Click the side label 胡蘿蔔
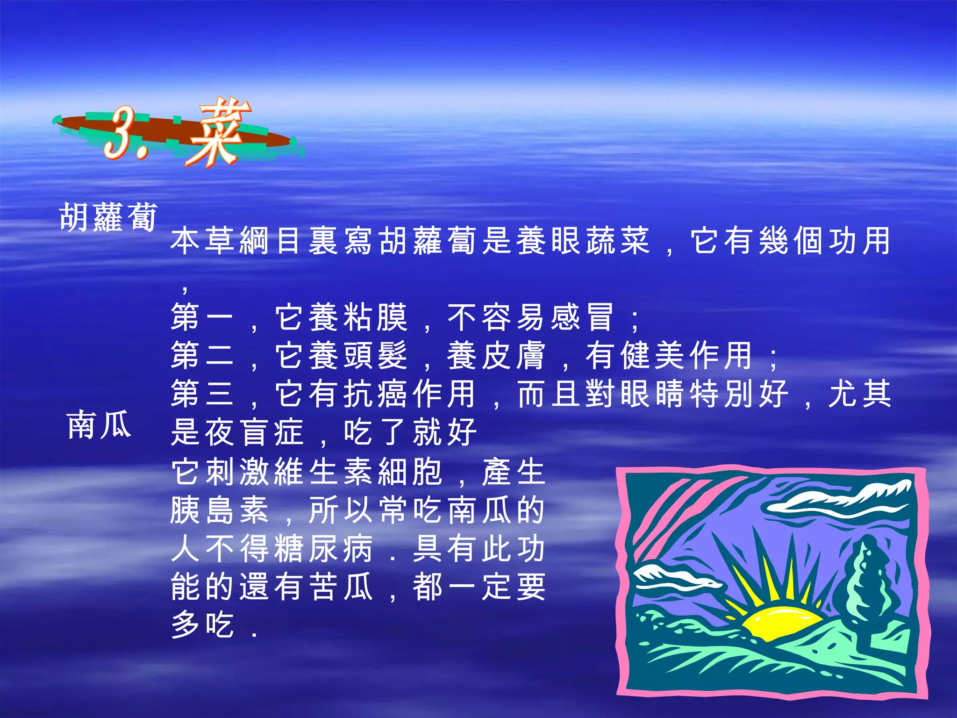[108, 217]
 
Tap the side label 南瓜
[99, 425]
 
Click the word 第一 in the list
[202, 317]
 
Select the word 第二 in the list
[202, 356]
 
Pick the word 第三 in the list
[202, 394]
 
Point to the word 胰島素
[220, 510]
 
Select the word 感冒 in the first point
[582, 317]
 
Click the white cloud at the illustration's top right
[841, 498]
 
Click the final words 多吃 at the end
[202, 625]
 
